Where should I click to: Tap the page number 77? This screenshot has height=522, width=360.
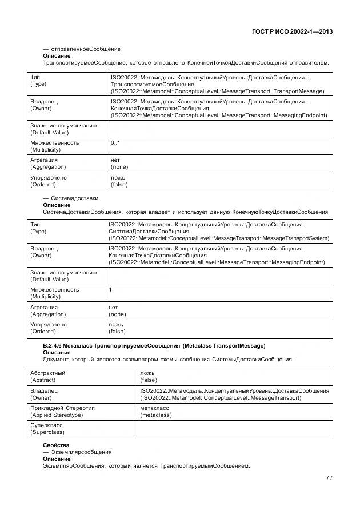tap(329, 477)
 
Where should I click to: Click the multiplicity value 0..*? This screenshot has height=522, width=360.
tap(115, 142)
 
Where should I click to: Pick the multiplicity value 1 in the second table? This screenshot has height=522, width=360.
tap(110, 289)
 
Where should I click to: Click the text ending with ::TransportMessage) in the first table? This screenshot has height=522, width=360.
tap(217, 91)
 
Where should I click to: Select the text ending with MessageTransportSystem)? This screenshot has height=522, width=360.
tap(218, 238)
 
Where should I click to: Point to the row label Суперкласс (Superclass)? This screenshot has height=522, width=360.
tap(46, 429)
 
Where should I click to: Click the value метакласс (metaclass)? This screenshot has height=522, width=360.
tap(155, 411)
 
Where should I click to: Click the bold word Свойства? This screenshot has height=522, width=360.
tap(56, 445)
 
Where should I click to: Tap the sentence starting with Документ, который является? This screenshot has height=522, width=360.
tap(168, 360)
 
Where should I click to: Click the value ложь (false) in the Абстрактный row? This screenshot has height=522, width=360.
tap(149, 376)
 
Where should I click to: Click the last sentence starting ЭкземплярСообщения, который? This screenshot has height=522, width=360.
tap(146, 465)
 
